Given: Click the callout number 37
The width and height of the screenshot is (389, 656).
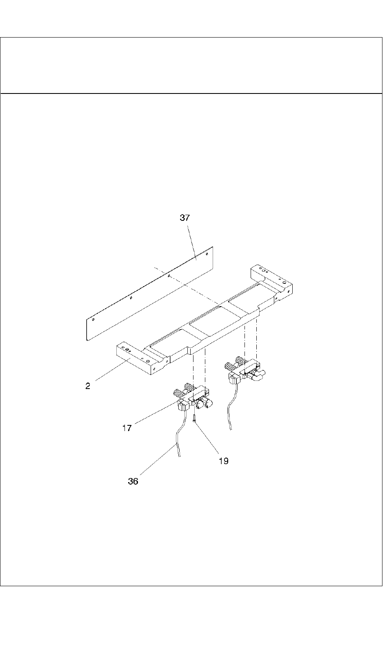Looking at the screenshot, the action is click(x=185, y=218).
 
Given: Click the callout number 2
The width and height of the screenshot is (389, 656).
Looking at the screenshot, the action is click(x=88, y=386).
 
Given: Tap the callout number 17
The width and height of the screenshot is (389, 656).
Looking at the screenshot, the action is click(x=127, y=428).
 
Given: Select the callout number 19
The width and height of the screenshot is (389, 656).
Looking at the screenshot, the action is click(x=223, y=461).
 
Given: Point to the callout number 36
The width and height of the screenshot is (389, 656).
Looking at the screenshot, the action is click(x=133, y=482).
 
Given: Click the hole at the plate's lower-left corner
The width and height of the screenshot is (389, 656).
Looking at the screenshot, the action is click(x=93, y=320).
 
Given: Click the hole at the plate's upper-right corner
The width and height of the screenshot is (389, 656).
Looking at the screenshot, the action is click(x=207, y=254).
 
